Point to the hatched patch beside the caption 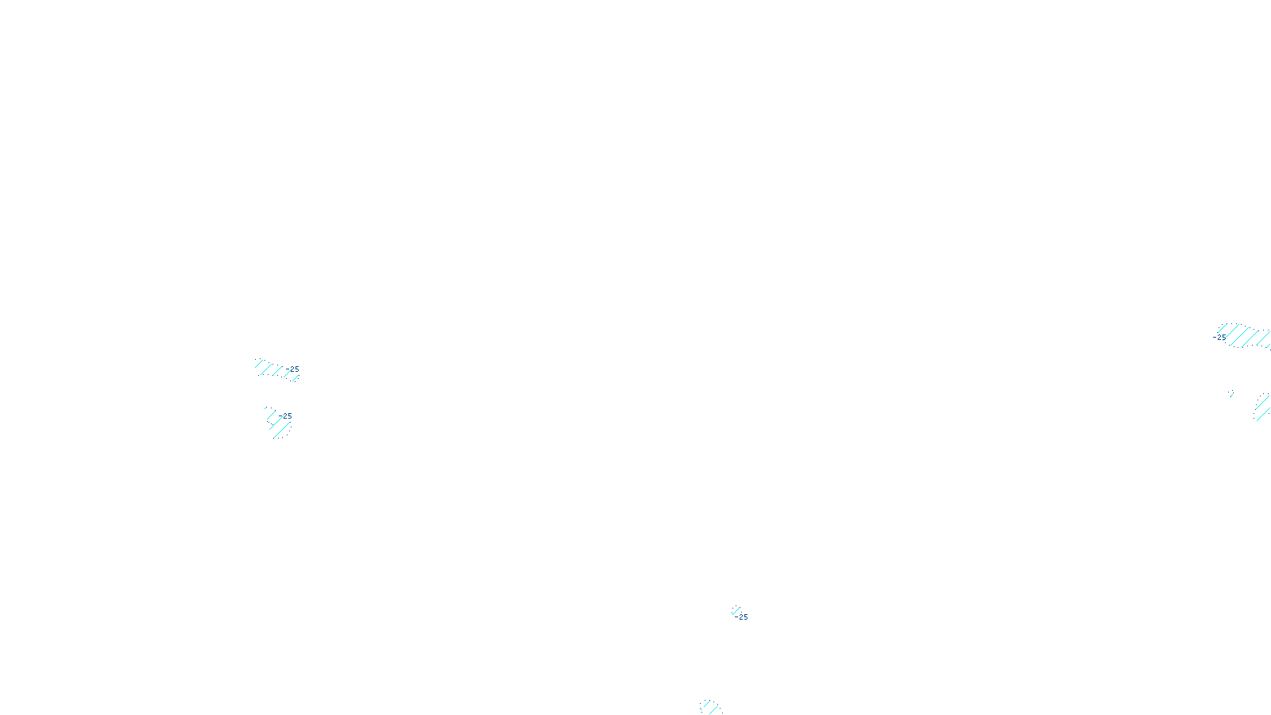(709, 706)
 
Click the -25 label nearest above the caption (741, 616)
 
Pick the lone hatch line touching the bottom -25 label (735, 611)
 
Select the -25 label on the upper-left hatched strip (293, 369)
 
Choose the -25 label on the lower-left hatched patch (287, 415)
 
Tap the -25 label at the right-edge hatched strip (1219, 337)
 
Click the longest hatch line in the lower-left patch (281, 430)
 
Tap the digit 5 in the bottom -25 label (745, 616)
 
